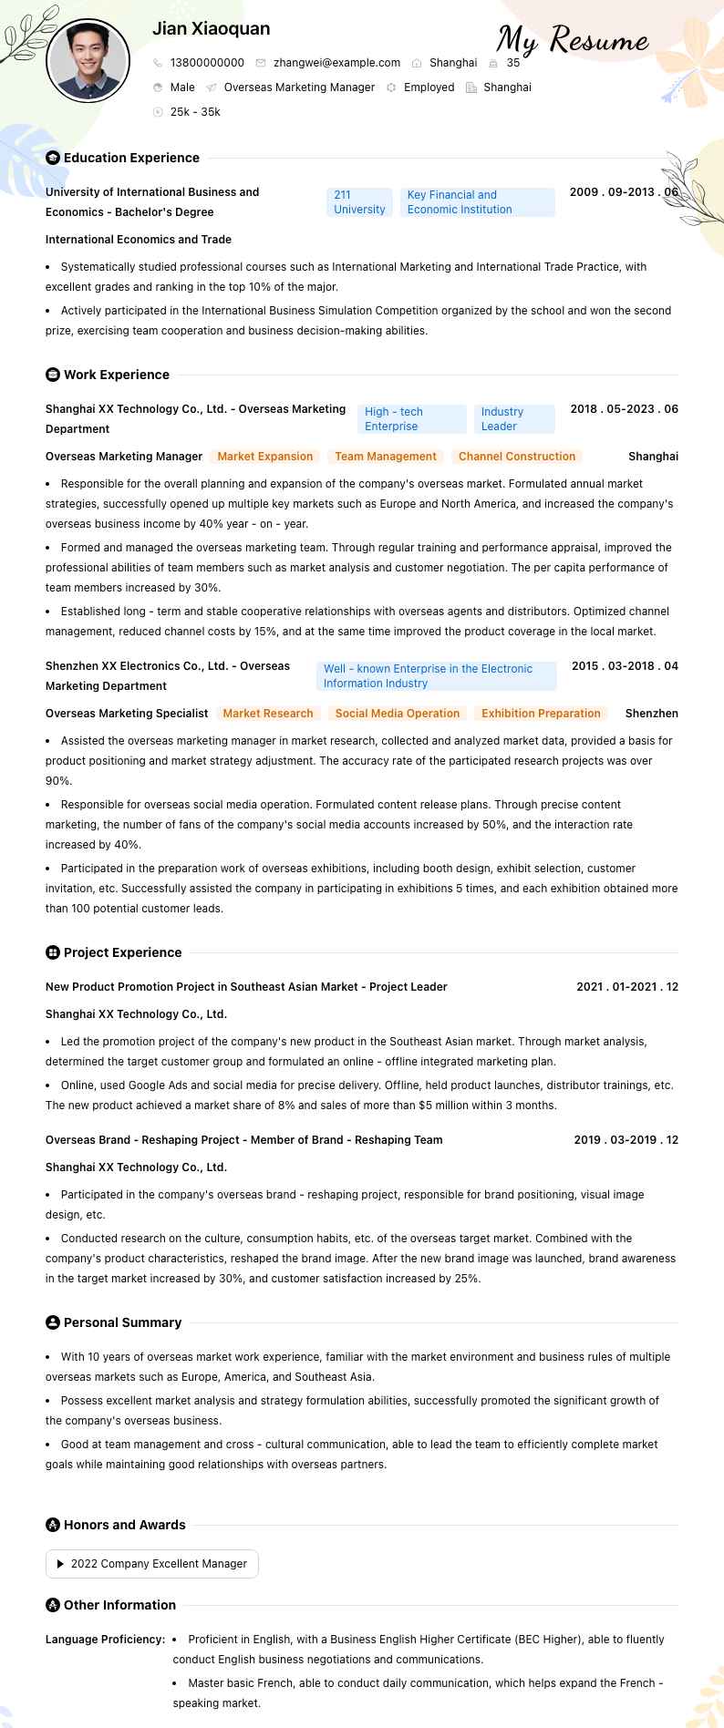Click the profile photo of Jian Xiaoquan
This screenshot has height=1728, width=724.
click(x=88, y=60)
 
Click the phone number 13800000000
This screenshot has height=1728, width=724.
click(x=207, y=63)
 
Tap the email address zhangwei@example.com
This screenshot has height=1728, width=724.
click(x=336, y=63)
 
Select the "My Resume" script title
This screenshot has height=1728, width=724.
click(x=573, y=40)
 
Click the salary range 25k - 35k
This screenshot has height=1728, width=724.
click(x=195, y=112)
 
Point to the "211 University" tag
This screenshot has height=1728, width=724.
click(x=359, y=202)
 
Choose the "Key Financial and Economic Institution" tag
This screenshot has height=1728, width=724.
click(x=477, y=202)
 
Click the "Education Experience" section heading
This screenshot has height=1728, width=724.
click(x=131, y=158)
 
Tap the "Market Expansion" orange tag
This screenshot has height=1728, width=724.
click(x=264, y=457)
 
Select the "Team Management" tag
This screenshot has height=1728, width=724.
click(x=386, y=457)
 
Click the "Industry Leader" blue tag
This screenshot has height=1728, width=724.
click(x=514, y=419)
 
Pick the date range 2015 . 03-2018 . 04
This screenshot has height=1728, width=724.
click(x=625, y=666)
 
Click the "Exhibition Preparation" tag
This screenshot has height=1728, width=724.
click(x=541, y=714)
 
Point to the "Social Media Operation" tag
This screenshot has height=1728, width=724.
click(x=397, y=714)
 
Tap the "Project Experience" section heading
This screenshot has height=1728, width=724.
click(x=122, y=952)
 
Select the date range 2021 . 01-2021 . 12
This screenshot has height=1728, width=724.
click(x=627, y=987)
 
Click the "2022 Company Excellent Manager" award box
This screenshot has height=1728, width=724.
click(x=152, y=1564)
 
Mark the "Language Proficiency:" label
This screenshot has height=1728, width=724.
click(x=105, y=1640)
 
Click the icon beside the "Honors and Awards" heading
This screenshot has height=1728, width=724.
click(x=53, y=1525)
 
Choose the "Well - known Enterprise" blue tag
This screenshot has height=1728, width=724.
click(x=436, y=676)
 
